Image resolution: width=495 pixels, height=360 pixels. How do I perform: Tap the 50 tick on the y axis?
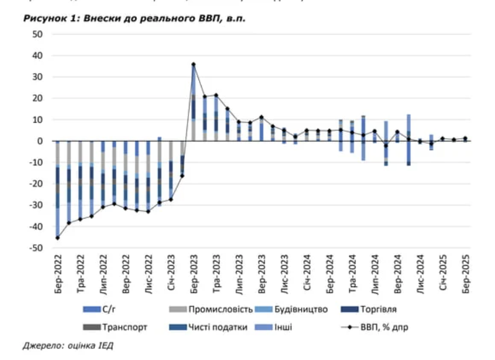click(x=38, y=34)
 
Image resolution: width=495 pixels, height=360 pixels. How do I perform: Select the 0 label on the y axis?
click(x=40, y=141)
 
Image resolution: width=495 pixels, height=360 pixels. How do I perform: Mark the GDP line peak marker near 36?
click(x=193, y=64)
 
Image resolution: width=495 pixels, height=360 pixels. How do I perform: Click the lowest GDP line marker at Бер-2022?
click(x=57, y=238)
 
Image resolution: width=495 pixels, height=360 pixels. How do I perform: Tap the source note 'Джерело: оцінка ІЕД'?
click(x=68, y=345)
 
